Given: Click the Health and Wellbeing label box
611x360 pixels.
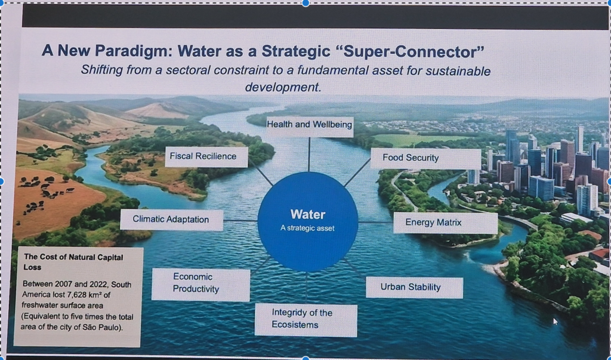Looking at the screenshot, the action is pyautogui.click(x=310, y=127).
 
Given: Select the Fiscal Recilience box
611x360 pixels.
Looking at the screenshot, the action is pyautogui.click(x=206, y=157).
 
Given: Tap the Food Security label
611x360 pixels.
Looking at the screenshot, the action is pyautogui.click(x=425, y=158).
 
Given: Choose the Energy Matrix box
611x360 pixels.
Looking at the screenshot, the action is pyautogui.click(x=445, y=223).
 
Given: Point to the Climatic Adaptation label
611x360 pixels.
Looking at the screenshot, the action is pyautogui.click(x=171, y=220).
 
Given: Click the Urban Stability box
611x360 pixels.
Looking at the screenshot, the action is pyautogui.click(x=415, y=287).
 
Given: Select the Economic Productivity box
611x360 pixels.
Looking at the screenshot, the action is pyautogui.click(x=200, y=284).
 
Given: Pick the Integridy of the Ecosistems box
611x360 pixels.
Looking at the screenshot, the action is pyautogui.click(x=306, y=320).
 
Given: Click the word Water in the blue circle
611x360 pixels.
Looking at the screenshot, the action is pyautogui.click(x=308, y=214).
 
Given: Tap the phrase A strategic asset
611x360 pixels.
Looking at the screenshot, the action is pyautogui.click(x=307, y=228).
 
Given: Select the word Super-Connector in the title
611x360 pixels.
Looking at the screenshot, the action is pyautogui.click(x=413, y=51).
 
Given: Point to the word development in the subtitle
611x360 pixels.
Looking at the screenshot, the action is pyautogui.click(x=283, y=87).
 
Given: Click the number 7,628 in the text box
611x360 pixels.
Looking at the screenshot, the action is pyautogui.click(x=78, y=294).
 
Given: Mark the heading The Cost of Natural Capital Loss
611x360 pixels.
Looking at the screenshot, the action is pyautogui.click(x=73, y=262).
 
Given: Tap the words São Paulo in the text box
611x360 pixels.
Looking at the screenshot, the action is pyautogui.click(x=103, y=327).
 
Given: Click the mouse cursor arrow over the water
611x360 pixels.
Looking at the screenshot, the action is pyautogui.click(x=556, y=321).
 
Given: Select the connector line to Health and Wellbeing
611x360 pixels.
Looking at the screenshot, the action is pyautogui.click(x=309, y=155).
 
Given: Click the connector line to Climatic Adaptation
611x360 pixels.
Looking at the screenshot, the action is pyautogui.click(x=240, y=221).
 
